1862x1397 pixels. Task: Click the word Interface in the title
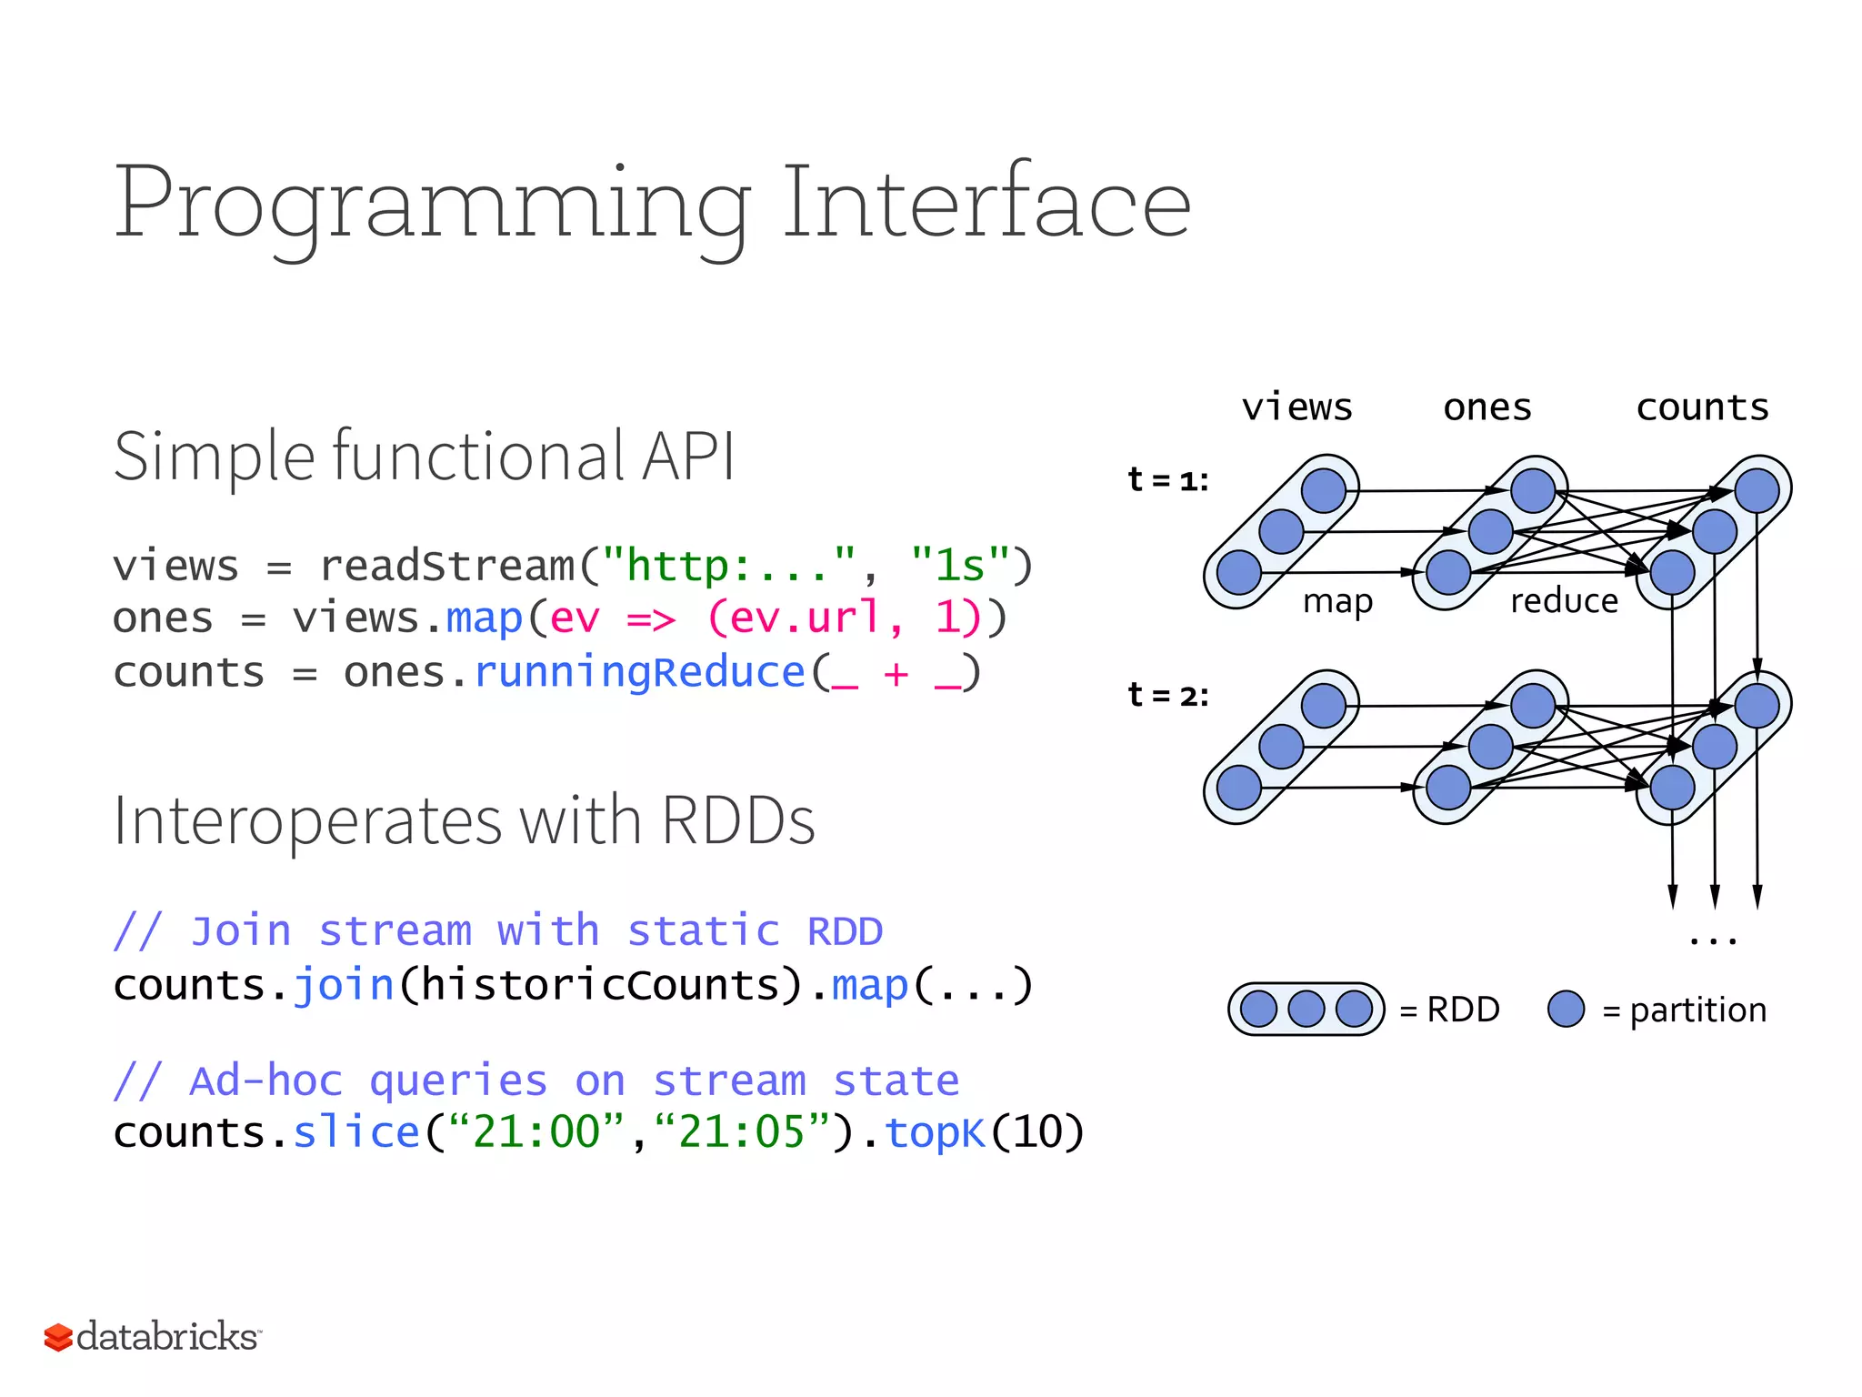986,204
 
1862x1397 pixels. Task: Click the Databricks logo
153,1336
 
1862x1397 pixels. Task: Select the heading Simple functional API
424,456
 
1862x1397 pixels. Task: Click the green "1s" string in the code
960,565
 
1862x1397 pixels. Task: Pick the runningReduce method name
640,672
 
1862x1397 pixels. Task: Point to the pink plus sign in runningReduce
896,674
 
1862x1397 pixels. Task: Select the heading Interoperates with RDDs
464,820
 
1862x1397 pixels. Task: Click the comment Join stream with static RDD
498,931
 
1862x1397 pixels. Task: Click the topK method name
936,1132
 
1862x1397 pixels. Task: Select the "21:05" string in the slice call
741,1132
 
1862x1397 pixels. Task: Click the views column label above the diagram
1296,407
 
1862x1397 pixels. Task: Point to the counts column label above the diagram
1702,407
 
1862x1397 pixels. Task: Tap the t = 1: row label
1167,479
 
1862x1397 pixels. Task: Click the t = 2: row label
1167,695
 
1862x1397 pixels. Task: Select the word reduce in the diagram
1564,601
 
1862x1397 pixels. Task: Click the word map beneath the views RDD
1337,601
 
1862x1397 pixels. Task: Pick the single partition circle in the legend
1566,1009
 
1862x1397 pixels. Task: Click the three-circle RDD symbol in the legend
1306,1009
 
